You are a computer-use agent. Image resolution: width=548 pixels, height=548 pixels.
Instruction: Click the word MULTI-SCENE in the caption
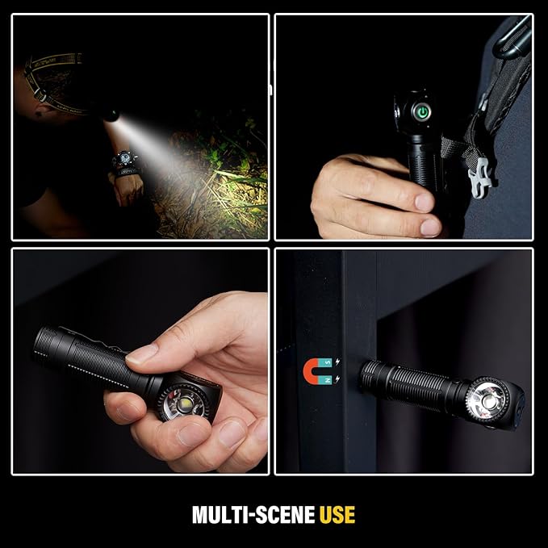pyautogui.click(x=253, y=514)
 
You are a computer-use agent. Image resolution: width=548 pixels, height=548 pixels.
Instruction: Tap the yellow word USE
pyautogui.click(x=337, y=514)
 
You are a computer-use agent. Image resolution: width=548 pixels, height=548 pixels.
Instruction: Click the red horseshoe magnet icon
pyautogui.click(x=316, y=370)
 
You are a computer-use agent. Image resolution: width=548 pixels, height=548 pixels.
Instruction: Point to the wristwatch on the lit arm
pyautogui.click(x=126, y=162)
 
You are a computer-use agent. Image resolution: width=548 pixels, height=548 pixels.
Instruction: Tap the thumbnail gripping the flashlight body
pyautogui.click(x=142, y=353)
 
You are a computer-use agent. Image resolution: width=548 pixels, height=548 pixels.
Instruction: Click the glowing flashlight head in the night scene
pyautogui.click(x=111, y=115)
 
